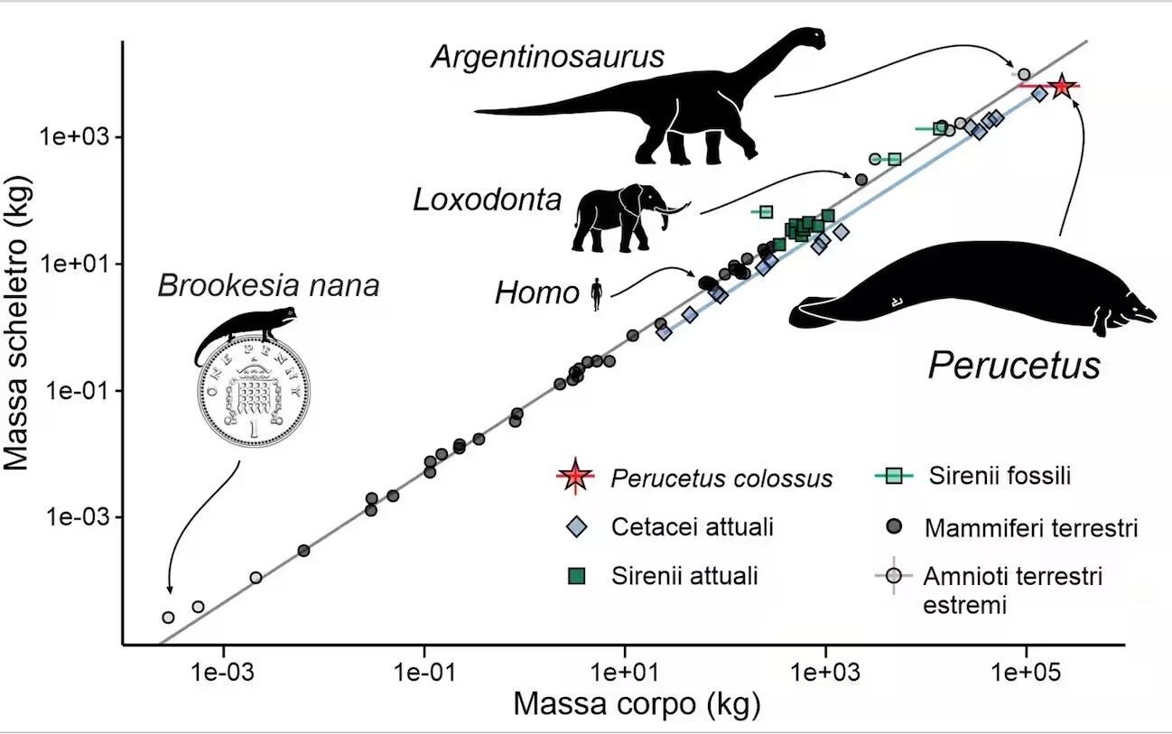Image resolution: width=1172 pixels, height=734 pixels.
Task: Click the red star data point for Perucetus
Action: pos(1062,86)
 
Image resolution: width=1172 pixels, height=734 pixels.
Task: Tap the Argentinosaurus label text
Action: pos(547,57)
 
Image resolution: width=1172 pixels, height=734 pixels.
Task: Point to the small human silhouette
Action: pos(596,294)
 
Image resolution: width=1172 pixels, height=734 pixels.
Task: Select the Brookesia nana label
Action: pos(268,286)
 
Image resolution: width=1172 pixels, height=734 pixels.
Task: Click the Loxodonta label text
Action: pos(488,200)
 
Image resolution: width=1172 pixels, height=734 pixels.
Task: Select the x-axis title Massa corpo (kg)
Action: pos(637,704)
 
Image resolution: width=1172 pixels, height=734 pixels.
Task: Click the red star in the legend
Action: pos(574,477)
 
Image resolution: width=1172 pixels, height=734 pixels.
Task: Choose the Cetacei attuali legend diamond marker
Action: pos(574,526)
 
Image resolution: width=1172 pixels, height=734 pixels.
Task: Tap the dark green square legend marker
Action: pos(574,576)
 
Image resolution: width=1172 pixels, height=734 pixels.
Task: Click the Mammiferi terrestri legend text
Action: pos(1030,528)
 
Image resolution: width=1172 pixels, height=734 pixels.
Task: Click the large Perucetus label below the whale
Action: pos(1015,365)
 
